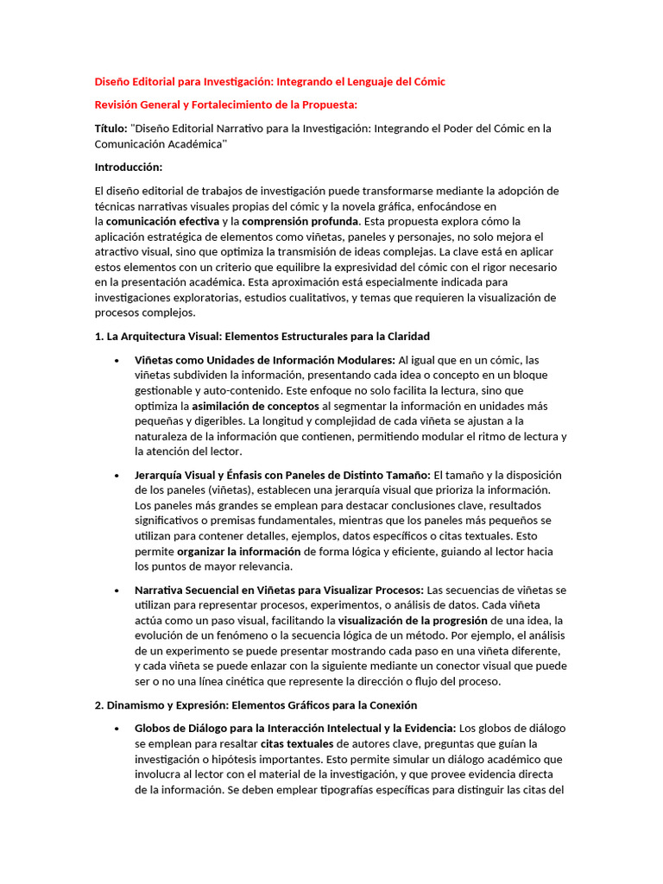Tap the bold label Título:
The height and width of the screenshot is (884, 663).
pos(110,129)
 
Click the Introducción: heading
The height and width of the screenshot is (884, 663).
pos(128,167)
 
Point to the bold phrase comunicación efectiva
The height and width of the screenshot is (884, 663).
pos(163,221)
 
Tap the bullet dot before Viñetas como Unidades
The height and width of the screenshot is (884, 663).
pos(116,360)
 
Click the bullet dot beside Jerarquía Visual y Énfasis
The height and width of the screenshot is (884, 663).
pos(116,476)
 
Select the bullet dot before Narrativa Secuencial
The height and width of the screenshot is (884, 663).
pos(116,590)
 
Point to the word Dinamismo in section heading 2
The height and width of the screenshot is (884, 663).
pos(136,705)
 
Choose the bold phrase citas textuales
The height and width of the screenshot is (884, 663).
pos(294,744)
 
